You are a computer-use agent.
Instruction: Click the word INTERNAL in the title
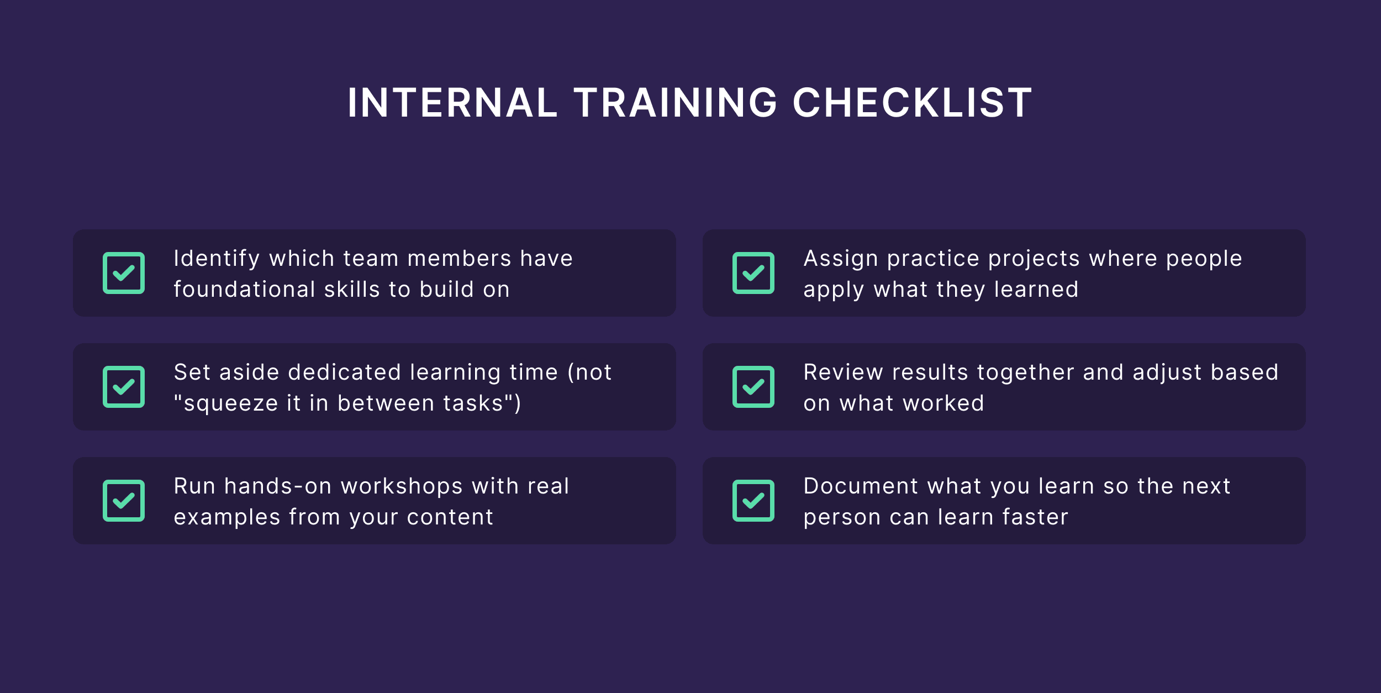pos(452,103)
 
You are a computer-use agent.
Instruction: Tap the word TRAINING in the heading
pos(676,103)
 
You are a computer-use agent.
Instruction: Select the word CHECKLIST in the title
pos(912,103)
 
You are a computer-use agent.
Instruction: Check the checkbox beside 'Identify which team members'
pos(124,273)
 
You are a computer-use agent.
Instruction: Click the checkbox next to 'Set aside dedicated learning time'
pos(124,387)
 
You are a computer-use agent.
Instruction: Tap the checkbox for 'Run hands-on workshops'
pos(124,501)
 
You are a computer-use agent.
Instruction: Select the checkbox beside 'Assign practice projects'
pos(753,273)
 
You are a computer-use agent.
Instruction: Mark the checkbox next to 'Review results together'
pos(753,387)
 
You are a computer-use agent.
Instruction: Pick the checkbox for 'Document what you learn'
pos(753,501)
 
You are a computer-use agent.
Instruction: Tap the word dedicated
pos(345,372)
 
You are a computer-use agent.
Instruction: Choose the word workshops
pos(402,486)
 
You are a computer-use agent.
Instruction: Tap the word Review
pos(844,372)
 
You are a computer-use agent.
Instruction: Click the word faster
pos(1035,517)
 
